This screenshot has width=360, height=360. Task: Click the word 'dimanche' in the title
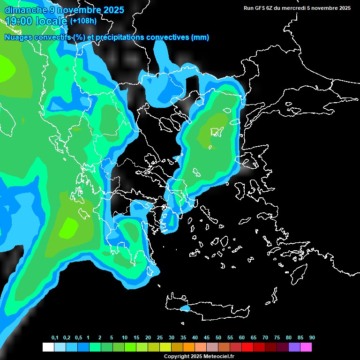tap(25, 10)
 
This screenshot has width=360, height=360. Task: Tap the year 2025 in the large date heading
tap(111, 10)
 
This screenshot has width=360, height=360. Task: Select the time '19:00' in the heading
tap(19, 21)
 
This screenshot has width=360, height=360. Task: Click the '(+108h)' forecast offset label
tap(83, 21)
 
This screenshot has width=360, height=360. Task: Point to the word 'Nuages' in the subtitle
tap(19, 37)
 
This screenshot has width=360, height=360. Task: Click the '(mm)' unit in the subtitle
tap(200, 37)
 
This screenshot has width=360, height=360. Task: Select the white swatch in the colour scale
tap(48, 347)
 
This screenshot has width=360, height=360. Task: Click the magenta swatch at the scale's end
tap(306, 347)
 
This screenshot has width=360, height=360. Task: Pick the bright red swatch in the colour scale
tap(247, 347)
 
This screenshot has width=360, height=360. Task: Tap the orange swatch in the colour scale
tap(189, 347)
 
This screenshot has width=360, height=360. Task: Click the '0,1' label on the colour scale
tap(55, 338)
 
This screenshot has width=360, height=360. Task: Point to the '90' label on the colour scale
tap(312, 338)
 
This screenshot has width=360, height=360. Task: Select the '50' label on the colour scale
tap(218, 338)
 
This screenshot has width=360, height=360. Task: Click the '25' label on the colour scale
tap(160, 338)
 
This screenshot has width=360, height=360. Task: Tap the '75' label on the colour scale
tap(277, 338)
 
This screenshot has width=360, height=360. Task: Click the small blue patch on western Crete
tap(185, 308)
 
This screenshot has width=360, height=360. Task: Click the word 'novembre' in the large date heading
tap(75, 10)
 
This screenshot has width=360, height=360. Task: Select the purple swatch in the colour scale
tap(294, 347)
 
